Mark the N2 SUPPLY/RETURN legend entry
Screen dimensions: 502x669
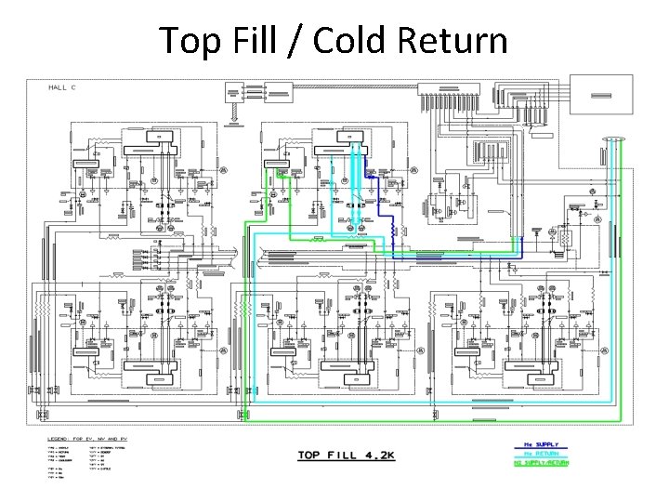544,462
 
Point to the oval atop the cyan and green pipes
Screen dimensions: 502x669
613,140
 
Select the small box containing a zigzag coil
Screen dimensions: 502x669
561,238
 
